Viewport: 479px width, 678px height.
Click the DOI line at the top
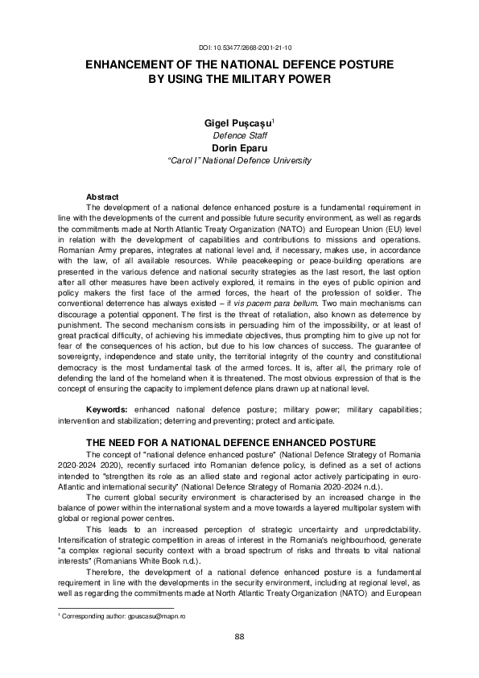tap(239, 48)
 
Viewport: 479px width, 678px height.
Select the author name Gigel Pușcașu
tap(238, 124)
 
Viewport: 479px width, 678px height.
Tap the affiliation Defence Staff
tap(239, 136)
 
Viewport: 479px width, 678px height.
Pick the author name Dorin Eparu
tap(239, 148)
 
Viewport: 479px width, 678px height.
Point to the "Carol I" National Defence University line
tap(239, 160)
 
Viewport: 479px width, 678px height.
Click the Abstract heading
tap(102, 197)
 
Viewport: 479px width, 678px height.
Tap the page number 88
tap(239, 637)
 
